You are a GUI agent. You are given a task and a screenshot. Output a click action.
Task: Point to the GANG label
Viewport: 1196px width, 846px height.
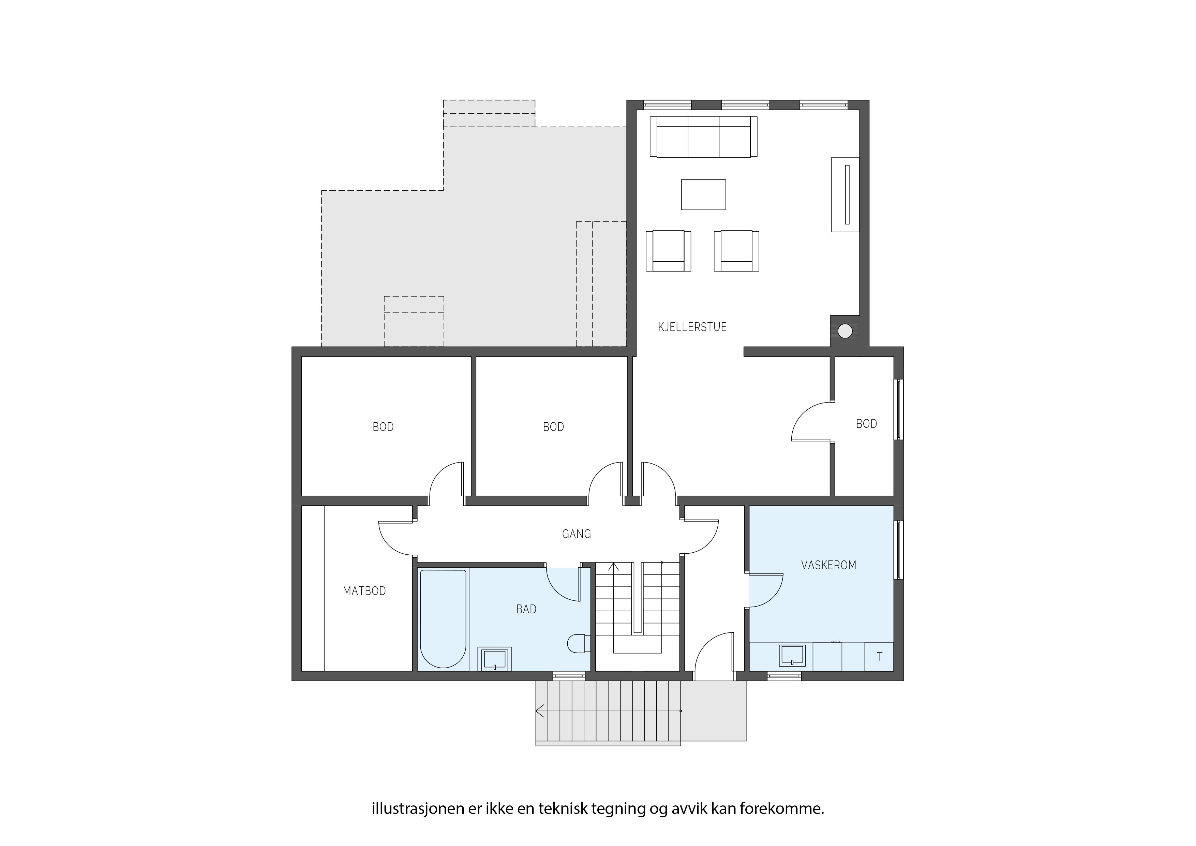pos(576,534)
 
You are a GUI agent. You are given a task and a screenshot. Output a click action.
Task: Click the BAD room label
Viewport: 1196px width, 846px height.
pos(526,609)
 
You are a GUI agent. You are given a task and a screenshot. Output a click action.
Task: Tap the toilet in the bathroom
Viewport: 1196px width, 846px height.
pos(578,644)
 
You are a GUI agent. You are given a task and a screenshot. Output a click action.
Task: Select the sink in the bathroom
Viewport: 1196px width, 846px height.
pos(495,659)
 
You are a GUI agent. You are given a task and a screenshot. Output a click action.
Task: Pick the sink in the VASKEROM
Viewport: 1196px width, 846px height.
pos(792,656)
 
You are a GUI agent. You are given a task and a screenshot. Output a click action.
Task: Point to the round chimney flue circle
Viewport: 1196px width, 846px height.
pos(845,331)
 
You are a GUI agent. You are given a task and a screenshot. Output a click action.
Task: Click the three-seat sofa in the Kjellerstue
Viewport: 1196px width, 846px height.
pos(703,136)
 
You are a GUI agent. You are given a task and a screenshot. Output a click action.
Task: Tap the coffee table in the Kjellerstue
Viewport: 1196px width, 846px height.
pos(703,194)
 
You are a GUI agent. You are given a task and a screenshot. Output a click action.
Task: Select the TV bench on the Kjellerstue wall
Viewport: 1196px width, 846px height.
pos(844,194)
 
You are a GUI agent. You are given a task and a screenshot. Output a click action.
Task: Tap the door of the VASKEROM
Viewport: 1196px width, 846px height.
pos(766,590)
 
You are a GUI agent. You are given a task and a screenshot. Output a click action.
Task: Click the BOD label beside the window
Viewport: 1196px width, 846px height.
pos(866,424)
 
